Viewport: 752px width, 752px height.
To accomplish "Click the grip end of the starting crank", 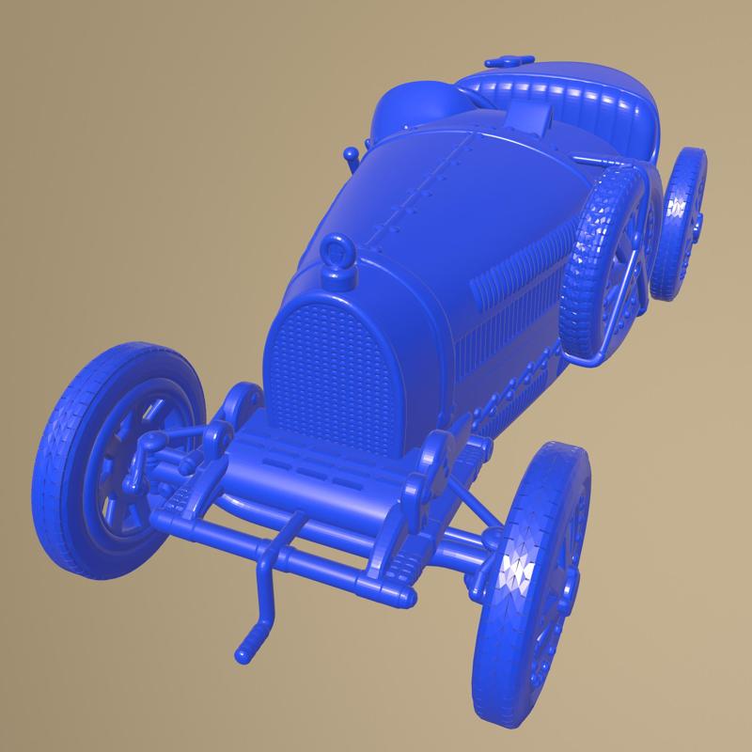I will pos(250,647).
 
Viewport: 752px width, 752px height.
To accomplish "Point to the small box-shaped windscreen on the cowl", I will pos(532,117).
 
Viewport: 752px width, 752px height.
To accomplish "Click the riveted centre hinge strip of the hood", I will pos(423,188).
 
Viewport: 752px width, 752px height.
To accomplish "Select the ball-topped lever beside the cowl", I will pos(351,155).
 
